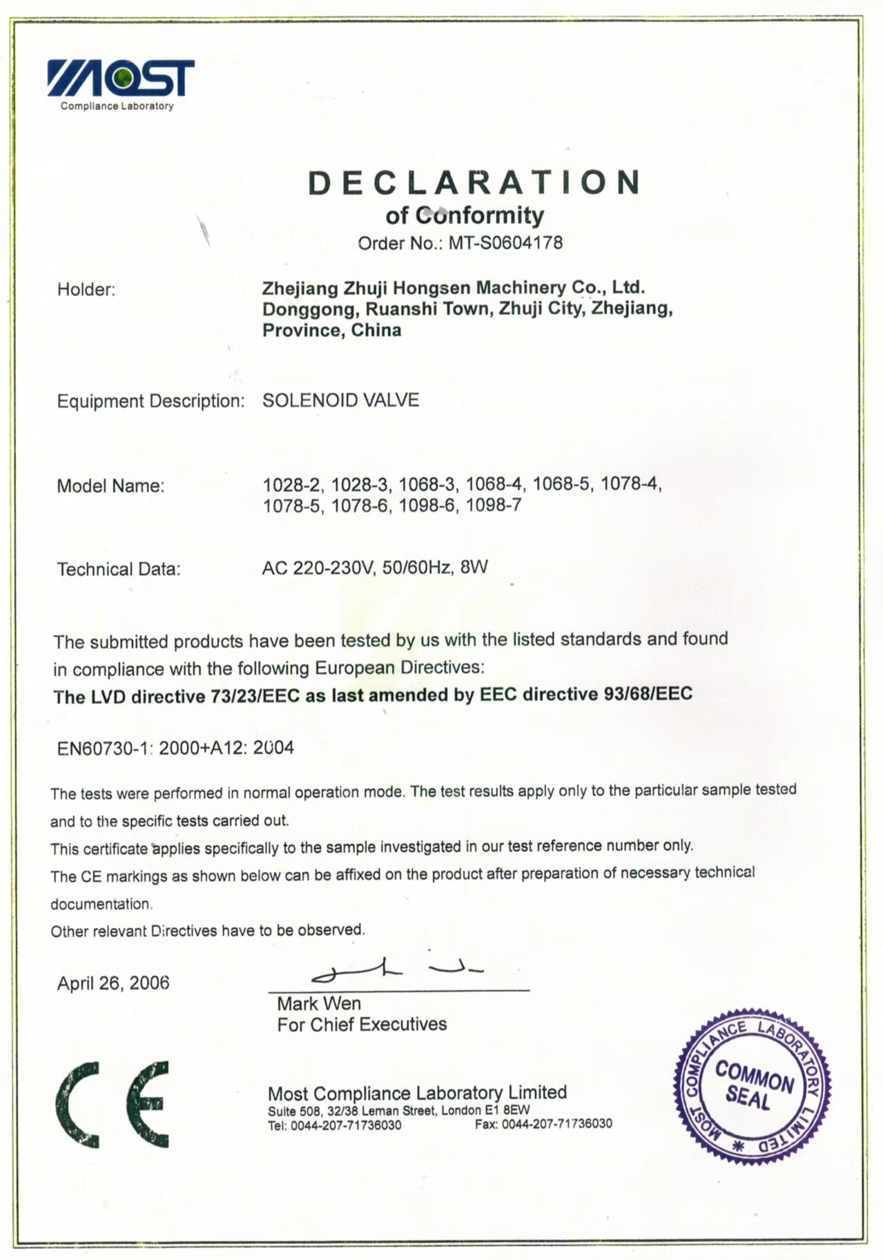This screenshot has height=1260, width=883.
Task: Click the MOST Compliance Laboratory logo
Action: tap(120, 82)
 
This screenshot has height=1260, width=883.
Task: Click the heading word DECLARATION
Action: tap(474, 183)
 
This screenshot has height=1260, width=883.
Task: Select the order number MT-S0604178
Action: tap(505, 243)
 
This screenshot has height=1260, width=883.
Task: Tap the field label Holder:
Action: tap(86, 290)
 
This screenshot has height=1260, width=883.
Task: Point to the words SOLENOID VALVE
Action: tap(340, 400)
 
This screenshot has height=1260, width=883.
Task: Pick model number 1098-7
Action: tap(493, 505)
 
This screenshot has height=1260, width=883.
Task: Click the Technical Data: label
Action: tap(118, 570)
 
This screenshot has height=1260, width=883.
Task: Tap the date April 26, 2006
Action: tap(113, 983)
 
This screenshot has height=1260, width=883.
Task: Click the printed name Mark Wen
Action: tap(319, 1003)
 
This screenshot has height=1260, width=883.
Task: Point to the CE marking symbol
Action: tap(113, 1105)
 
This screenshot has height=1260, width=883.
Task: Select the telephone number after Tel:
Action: tap(346, 1125)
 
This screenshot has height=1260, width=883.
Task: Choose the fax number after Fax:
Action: tap(556, 1124)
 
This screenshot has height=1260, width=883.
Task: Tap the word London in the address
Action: tap(461, 1111)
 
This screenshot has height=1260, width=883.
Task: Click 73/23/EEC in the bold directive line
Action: tap(255, 697)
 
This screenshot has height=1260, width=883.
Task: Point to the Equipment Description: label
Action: tap(151, 401)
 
